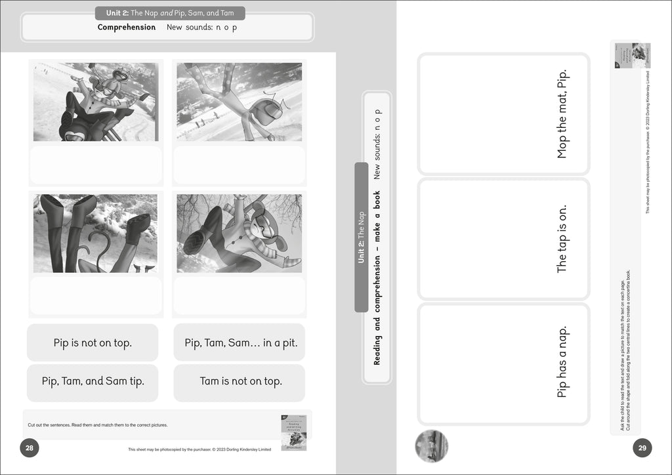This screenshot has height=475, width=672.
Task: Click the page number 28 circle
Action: [30, 449]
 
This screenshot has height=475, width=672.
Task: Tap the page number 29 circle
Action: [642, 449]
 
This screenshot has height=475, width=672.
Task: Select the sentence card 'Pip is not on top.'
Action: [93, 342]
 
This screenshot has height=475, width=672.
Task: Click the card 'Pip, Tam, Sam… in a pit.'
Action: [240, 342]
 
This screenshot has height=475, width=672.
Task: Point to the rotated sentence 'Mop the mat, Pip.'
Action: [562, 114]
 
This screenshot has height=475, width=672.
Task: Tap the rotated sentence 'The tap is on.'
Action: [562, 239]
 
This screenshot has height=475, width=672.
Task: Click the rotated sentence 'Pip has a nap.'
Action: [562, 361]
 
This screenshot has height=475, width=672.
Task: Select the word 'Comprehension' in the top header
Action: [127, 28]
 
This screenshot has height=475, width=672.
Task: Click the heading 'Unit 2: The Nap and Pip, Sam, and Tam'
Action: [170, 13]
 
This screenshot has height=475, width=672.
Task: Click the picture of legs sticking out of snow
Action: [95, 233]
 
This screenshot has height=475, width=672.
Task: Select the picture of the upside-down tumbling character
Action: [239, 102]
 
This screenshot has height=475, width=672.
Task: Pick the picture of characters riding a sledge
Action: [95, 102]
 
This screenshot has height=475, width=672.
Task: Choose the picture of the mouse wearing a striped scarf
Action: [239, 233]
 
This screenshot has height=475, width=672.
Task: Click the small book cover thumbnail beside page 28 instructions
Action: [293, 432]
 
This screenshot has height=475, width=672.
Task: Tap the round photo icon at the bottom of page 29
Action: [431, 446]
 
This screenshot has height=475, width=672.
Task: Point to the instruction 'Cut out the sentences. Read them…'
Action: [98, 425]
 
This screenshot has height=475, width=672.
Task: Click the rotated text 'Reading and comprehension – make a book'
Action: [377, 278]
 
